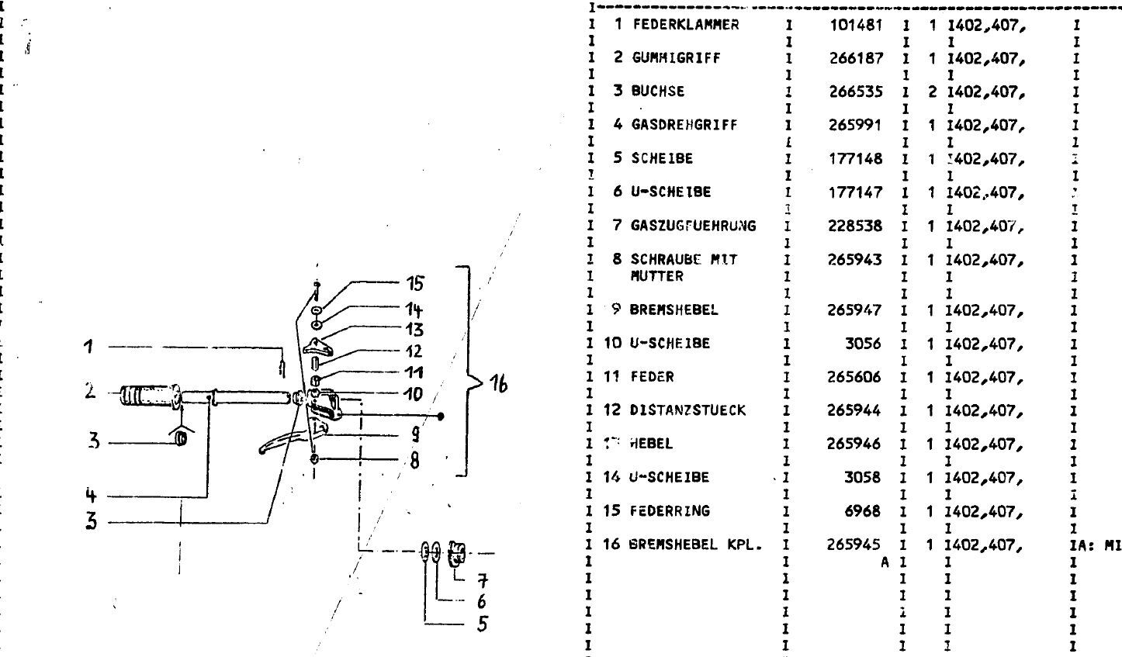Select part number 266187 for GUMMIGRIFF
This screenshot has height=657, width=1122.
pos(856,58)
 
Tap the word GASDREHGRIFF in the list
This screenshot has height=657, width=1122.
pos(674,125)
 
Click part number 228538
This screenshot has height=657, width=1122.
pos(856,226)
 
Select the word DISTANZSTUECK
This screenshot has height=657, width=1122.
pos(677,410)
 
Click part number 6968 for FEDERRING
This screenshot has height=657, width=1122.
pos(867,511)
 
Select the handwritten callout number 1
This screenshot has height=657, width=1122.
pos(89,347)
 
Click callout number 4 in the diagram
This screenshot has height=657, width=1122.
pos(90,496)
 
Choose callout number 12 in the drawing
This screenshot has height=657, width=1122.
pos(414,351)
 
